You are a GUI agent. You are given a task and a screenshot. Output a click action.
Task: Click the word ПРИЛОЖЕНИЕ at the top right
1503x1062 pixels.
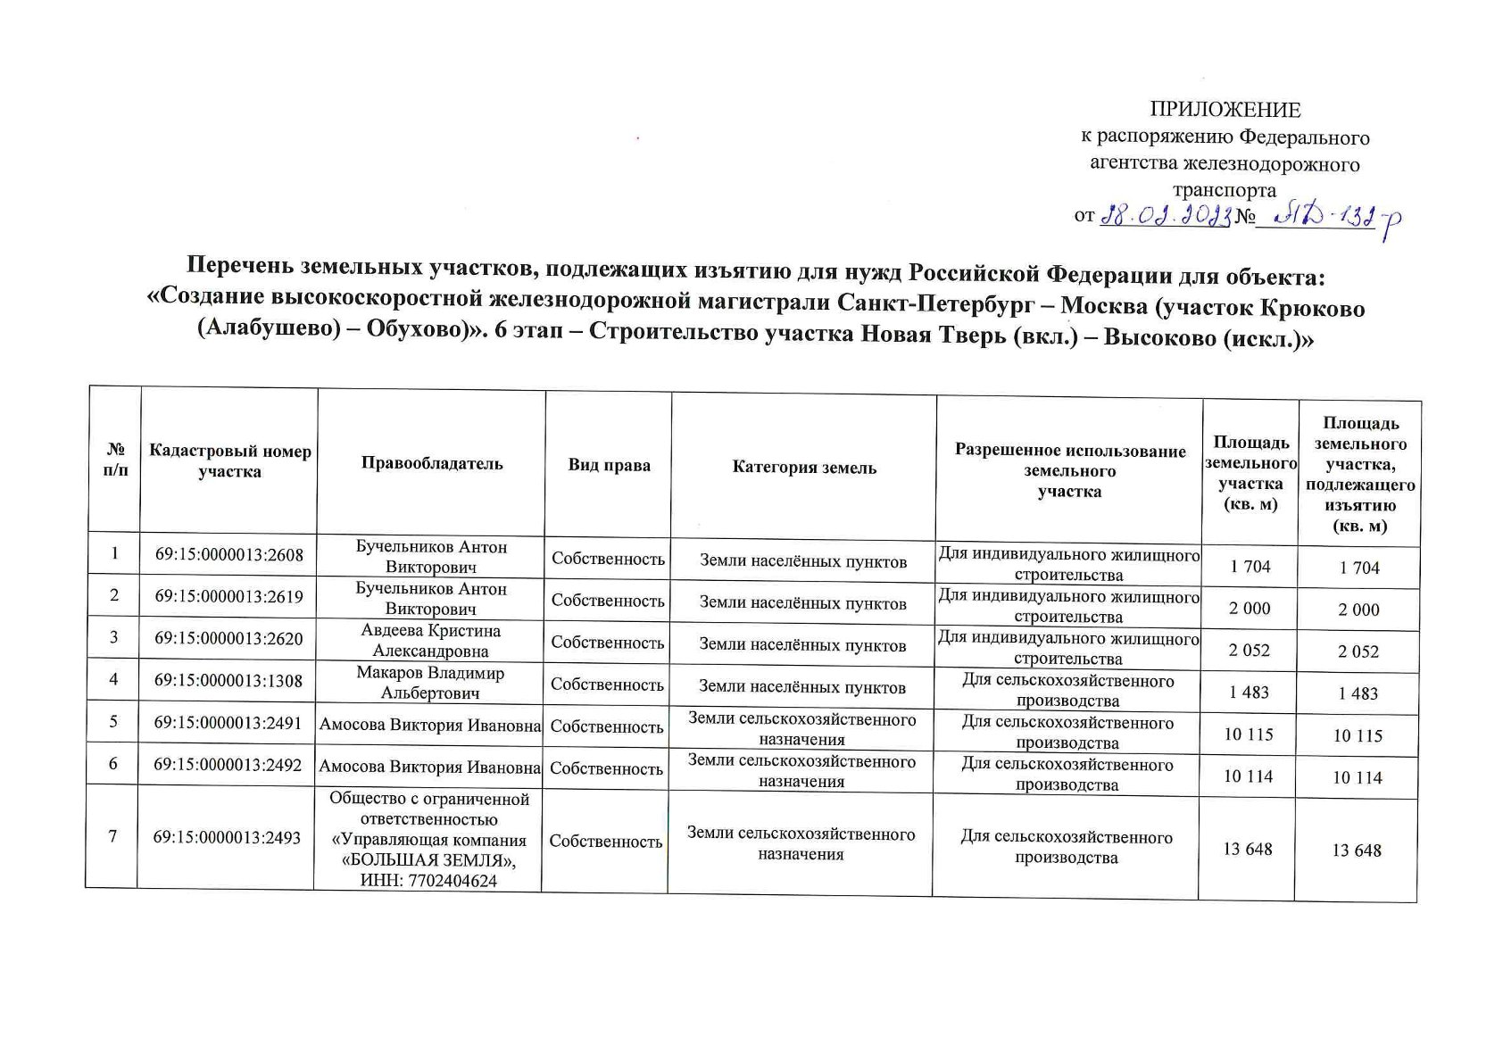click(x=1225, y=110)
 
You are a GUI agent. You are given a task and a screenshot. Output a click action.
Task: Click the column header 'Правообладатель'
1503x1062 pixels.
click(x=431, y=463)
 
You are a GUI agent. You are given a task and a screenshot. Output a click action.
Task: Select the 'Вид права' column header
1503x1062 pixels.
click(x=609, y=465)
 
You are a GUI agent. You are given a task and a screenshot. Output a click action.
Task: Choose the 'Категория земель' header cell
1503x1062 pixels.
click(x=804, y=467)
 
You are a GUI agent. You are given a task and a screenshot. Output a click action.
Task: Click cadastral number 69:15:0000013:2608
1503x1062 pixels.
click(x=229, y=555)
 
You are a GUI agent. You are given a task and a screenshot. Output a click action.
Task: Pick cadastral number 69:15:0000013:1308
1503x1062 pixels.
click(x=228, y=682)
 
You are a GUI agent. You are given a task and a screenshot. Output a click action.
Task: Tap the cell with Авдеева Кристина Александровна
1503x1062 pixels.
click(x=430, y=640)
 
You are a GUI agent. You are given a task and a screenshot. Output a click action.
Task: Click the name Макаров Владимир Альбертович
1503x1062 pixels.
click(x=430, y=683)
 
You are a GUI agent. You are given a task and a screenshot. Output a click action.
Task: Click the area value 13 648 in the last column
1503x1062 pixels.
click(x=1356, y=850)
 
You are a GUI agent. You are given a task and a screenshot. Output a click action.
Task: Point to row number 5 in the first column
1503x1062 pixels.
click(x=113, y=724)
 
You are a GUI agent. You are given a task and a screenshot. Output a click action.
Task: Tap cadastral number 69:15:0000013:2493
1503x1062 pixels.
click(x=227, y=837)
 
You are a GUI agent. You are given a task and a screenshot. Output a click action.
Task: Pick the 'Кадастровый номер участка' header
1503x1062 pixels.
click(x=230, y=461)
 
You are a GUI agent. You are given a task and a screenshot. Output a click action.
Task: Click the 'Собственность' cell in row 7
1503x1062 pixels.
click(x=606, y=842)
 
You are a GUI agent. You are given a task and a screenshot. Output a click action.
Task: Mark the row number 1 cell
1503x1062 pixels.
click(x=114, y=554)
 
